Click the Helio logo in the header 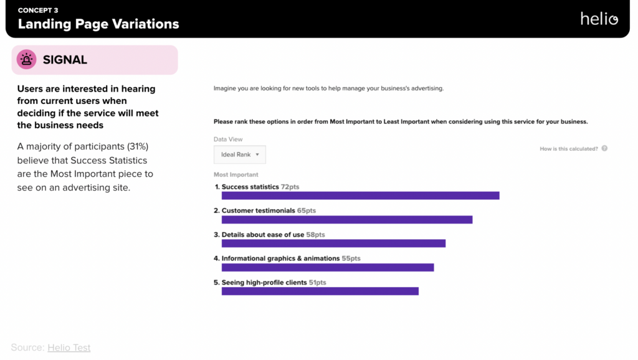(x=599, y=19)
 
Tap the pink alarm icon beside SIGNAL (x=26, y=60)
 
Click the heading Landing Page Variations (x=98, y=24)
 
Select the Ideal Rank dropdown (x=240, y=154)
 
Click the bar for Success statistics (x=360, y=196)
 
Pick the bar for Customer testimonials (x=347, y=219)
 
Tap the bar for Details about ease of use (x=333, y=243)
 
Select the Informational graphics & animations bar (x=328, y=267)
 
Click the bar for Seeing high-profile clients (x=320, y=291)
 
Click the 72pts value (x=290, y=187)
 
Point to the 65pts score (x=307, y=211)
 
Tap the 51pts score (x=317, y=282)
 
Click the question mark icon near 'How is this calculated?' (x=604, y=149)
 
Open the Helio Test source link (x=69, y=348)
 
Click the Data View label (x=228, y=140)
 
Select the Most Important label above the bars (x=236, y=175)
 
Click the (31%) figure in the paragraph (x=138, y=146)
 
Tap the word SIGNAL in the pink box (x=65, y=60)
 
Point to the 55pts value (x=351, y=258)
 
